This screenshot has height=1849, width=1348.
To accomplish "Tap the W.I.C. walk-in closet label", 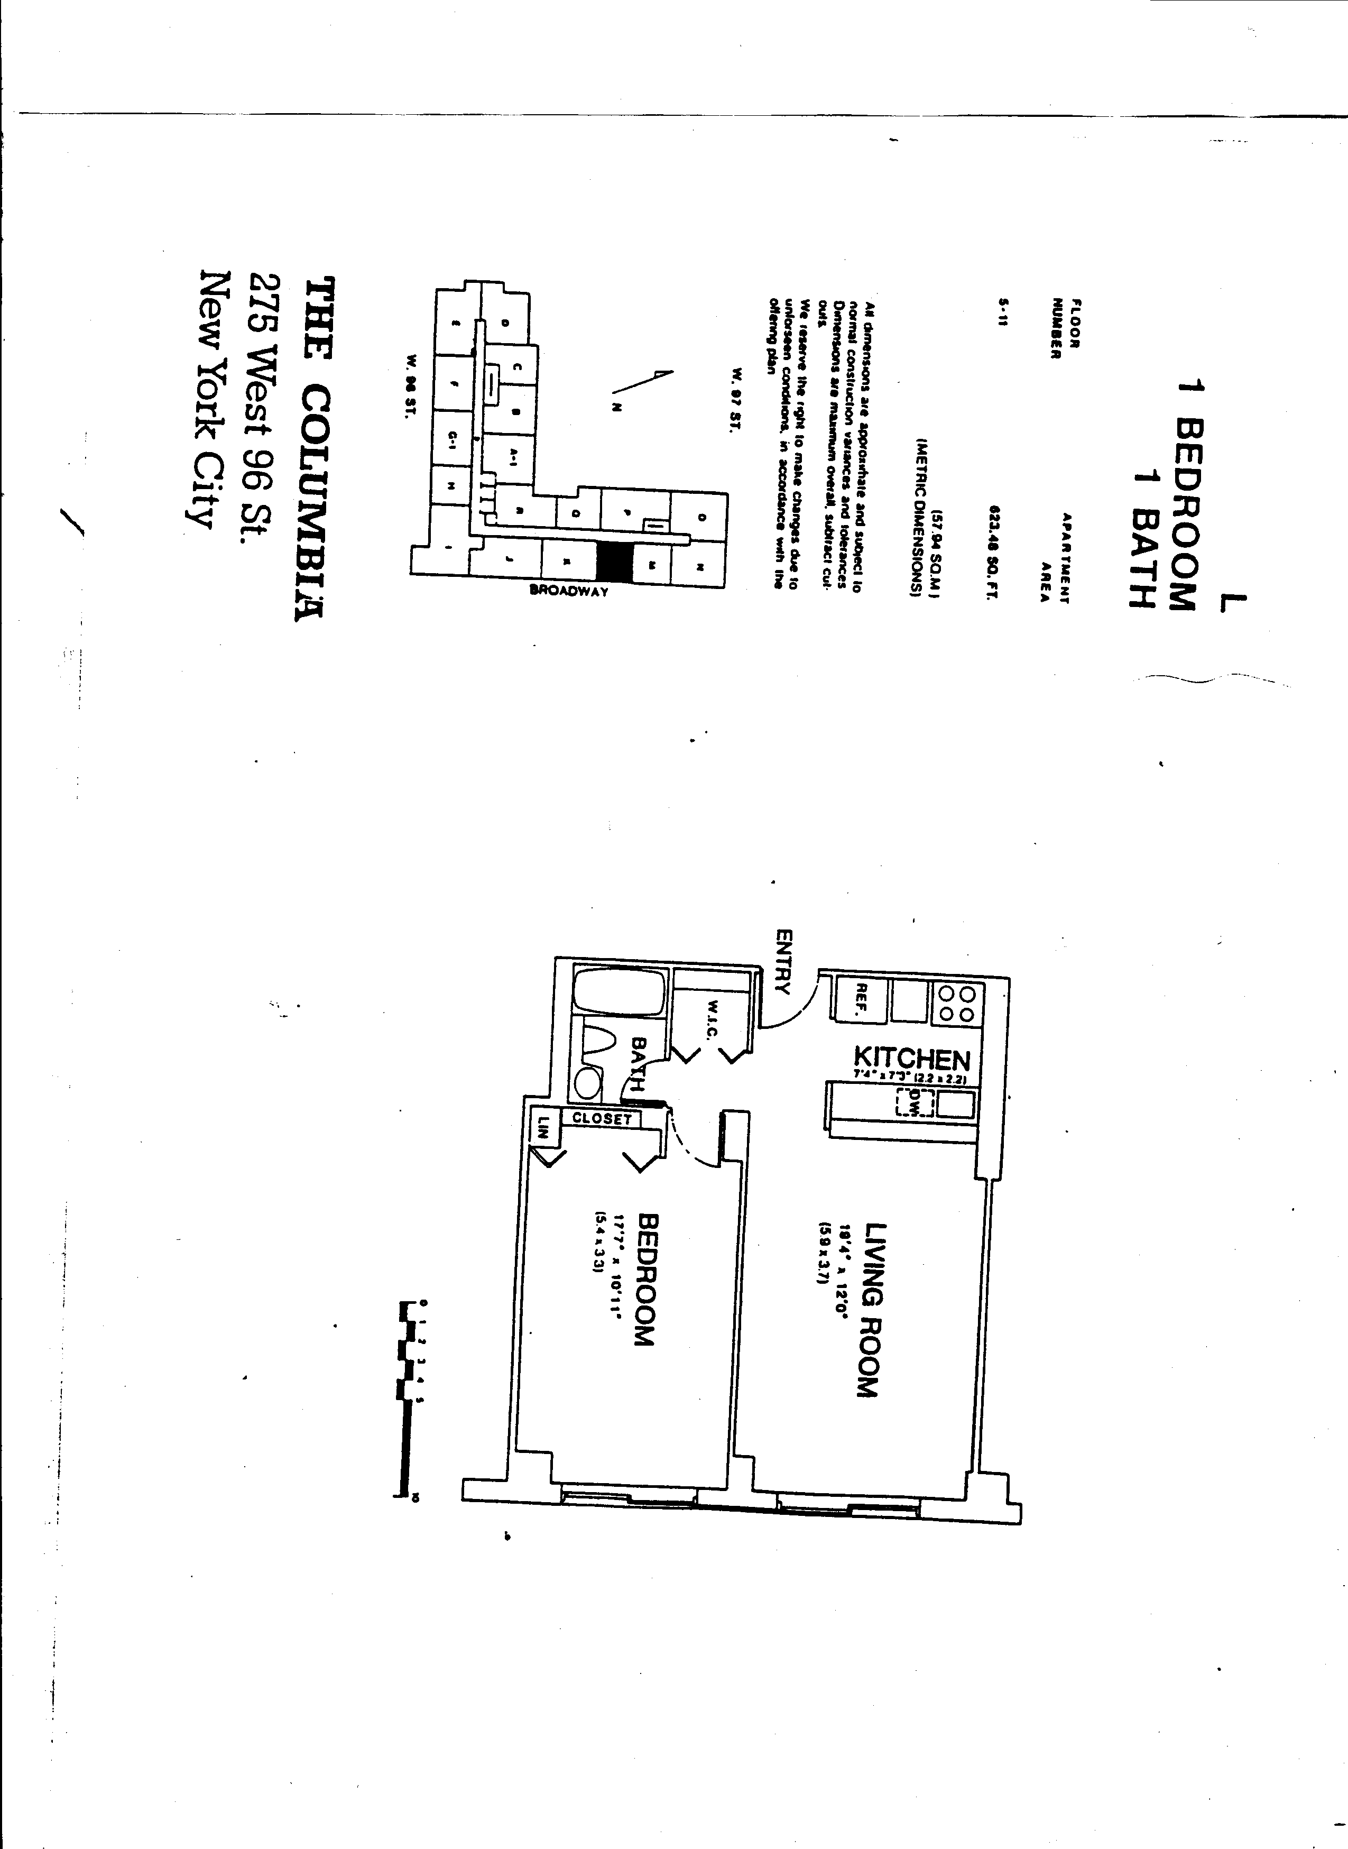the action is click(712, 1016).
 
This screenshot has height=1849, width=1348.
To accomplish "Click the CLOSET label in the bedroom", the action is click(602, 1119).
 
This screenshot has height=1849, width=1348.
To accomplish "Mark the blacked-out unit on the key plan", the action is click(614, 562).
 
